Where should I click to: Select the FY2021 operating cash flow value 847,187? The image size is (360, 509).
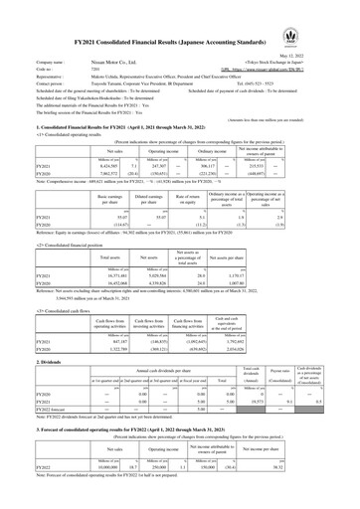coord(94,316)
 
